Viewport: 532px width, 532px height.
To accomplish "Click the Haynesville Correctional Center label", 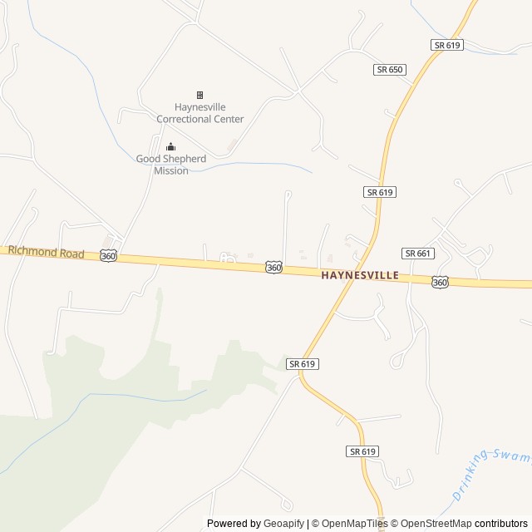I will (x=200, y=113).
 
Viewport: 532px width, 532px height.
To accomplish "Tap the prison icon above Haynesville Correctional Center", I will (x=199, y=95).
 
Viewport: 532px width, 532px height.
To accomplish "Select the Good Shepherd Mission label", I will (x=171, y=165).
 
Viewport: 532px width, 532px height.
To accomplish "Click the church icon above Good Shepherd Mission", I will (x=171, y=148).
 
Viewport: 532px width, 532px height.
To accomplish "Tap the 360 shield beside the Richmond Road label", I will (x=108, y=256).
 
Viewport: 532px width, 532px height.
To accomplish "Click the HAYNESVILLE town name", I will (x=360, y=274).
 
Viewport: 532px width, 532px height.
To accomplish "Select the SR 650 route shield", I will (x=390, y=69).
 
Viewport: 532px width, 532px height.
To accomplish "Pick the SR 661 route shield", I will (x=418, y=253).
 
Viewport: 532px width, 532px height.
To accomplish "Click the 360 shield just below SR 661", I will (x=441, y=283).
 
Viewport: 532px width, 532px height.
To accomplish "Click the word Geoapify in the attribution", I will (x=284, y=524).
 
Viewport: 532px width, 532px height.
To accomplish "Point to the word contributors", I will (x=503, y=524).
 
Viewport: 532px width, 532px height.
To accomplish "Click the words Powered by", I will (x=234, y=524).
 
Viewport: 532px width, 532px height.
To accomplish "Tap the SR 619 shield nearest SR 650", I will (x=447, y=45).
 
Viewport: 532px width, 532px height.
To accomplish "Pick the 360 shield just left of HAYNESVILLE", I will (x=274, y=267).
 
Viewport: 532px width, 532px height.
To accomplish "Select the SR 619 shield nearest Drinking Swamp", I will (x=362, y=451).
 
